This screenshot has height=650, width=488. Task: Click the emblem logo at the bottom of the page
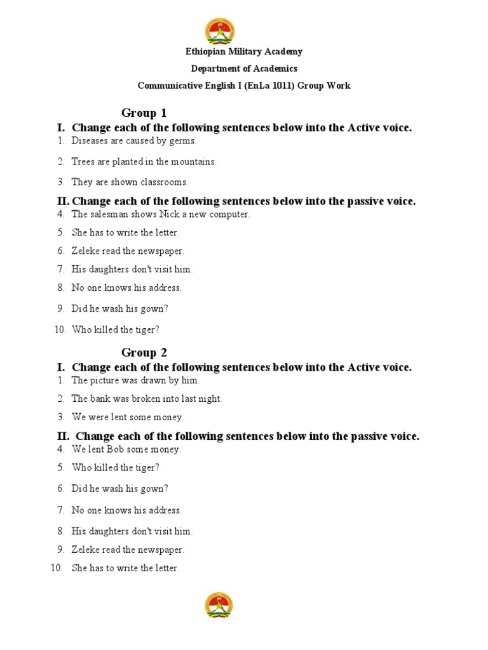tap(219, 606)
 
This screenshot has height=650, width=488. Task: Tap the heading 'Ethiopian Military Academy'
tap(244, 52)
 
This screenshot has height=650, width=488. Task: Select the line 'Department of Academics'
tap(244, 69)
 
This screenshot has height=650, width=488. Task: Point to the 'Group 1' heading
tap(144, 113)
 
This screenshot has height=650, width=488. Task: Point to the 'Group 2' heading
tap(144, 352)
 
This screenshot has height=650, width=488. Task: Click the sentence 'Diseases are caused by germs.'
tap(134, 141)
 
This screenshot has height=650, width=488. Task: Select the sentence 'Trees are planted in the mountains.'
tap(144, 162)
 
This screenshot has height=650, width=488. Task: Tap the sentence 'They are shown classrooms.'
tap(130, 182)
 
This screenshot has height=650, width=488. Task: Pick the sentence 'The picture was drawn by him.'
tap(135, 381)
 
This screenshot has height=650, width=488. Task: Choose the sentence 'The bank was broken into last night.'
tap(147, 399)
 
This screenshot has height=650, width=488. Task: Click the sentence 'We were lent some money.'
tap(128, 417)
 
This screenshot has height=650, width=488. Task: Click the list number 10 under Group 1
tap(60, 330)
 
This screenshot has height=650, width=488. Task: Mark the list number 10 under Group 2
tap(57, 568)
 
